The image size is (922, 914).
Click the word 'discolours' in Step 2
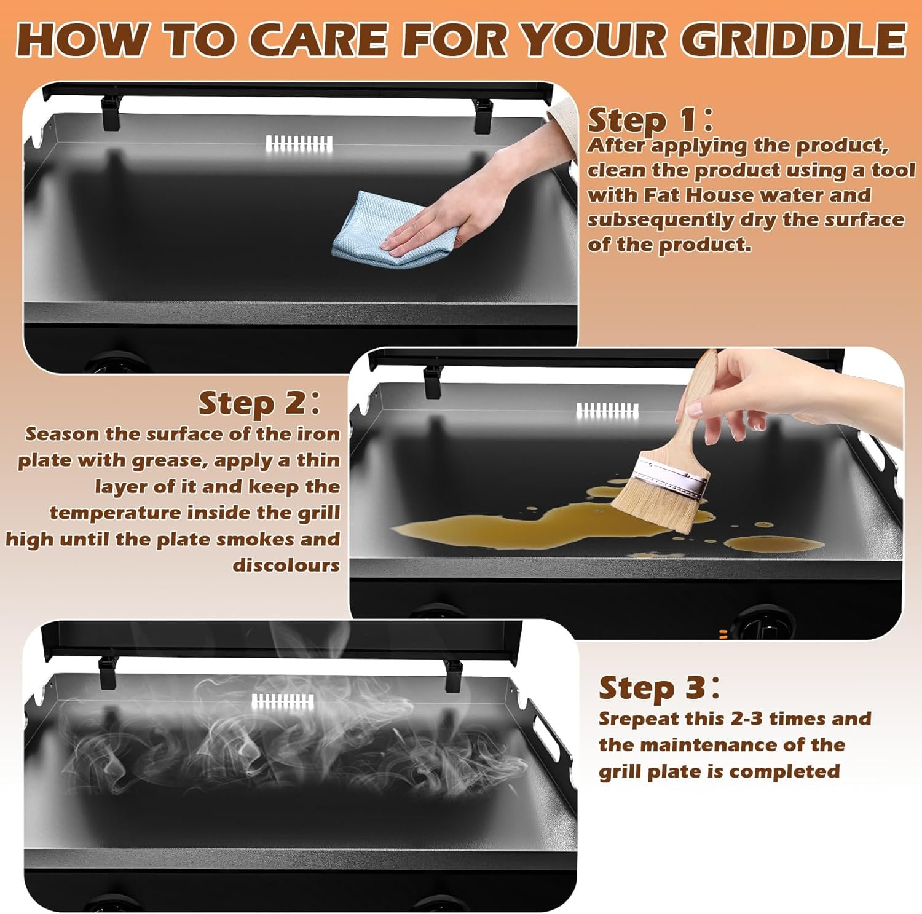[x=286, y=565]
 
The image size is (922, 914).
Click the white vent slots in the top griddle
[x=299, y=144]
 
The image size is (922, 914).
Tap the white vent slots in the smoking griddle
[x=283, y=701]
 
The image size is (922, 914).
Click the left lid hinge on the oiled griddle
[x=432, y=381]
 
